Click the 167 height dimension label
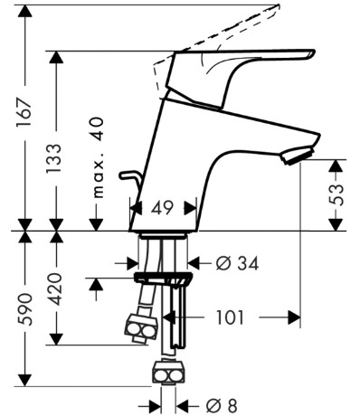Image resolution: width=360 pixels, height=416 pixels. (24, 111)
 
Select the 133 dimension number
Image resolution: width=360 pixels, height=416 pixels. (54, 158)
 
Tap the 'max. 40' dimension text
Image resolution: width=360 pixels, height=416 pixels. (98, 157)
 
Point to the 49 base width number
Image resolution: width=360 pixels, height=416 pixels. (163, 208)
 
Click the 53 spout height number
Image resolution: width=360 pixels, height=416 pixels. (336, 194)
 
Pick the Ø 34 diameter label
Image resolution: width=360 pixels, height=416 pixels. (237, 263)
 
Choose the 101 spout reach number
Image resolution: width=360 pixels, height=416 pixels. (230, 317)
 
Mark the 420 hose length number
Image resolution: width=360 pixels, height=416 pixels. (55, 288)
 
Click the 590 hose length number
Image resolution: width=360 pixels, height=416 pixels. (24, 309)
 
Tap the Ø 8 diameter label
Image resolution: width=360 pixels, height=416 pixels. (222, 405)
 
